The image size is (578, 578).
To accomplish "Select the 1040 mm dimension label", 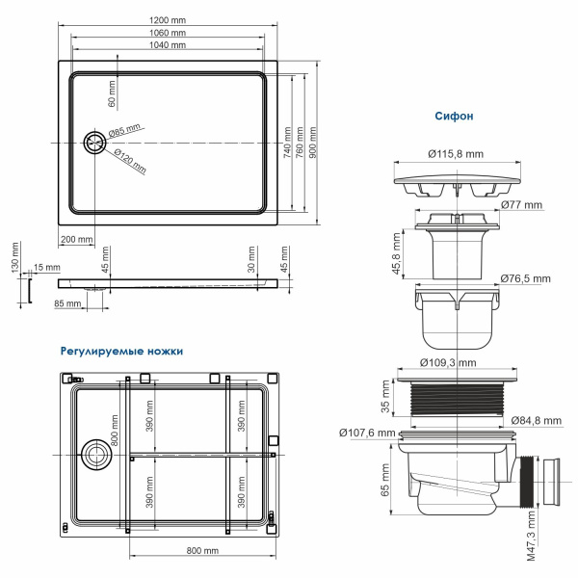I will point(169,45).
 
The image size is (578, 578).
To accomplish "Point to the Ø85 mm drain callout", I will point(125,130).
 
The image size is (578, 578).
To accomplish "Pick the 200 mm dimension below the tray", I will point(76,239).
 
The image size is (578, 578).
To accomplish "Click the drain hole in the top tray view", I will point(94,144).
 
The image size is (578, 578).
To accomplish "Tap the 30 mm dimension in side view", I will point(251,261).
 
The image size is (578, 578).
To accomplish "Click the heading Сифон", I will point(455,117).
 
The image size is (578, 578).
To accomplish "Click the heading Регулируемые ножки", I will point(120,352).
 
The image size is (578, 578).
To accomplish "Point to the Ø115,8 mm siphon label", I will point(456,153).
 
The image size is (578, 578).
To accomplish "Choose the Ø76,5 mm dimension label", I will point(526,279).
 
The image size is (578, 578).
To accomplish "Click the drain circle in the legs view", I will point(96,454).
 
